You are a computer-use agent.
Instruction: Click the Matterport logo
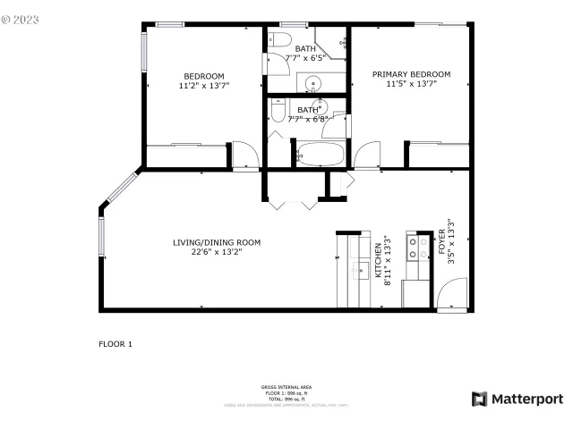[x=517, y=399]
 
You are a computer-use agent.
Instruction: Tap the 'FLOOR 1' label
[x=115, y=343]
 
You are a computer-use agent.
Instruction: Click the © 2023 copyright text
[x=21, y=16]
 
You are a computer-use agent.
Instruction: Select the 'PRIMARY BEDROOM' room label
[x=411, y=74]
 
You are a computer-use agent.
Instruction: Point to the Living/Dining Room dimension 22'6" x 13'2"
[x=216, y=252]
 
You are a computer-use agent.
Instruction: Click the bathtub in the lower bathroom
[x=318, y=154]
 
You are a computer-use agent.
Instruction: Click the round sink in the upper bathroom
[x=312, y=85]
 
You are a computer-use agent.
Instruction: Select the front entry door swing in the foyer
[x=453, y=295]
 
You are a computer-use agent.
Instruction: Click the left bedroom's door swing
[x=244, y=156]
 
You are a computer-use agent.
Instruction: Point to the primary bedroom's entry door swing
[x=367, y=156]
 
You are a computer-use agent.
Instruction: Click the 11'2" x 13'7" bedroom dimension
[x=203, y=86]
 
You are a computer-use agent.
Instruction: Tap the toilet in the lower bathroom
[x=278, y=109]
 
